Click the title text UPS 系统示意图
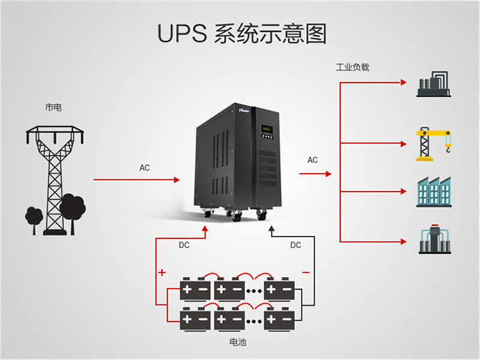(x=242, y=34)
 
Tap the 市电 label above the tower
(x=53, y=107)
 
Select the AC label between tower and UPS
(x=145, y=168)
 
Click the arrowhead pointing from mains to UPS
(x=176, y=179)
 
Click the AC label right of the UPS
(x=313, y=160)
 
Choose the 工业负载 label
(x=353, y=67)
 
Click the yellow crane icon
(x=433, y=144)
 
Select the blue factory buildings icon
(x=434, y=192)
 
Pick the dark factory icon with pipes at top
(x=433, y=84)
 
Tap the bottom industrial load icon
(x=434, y=239)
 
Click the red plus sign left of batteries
(x=162, y=272)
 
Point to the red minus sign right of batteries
(x=306, y=272)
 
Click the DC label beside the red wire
(x=184, y=245)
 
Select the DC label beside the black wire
(x=296, y=245)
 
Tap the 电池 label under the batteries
(x=238, y=342)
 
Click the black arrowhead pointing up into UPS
(x=272, y=229)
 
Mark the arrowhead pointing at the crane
(x=403, y=144)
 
